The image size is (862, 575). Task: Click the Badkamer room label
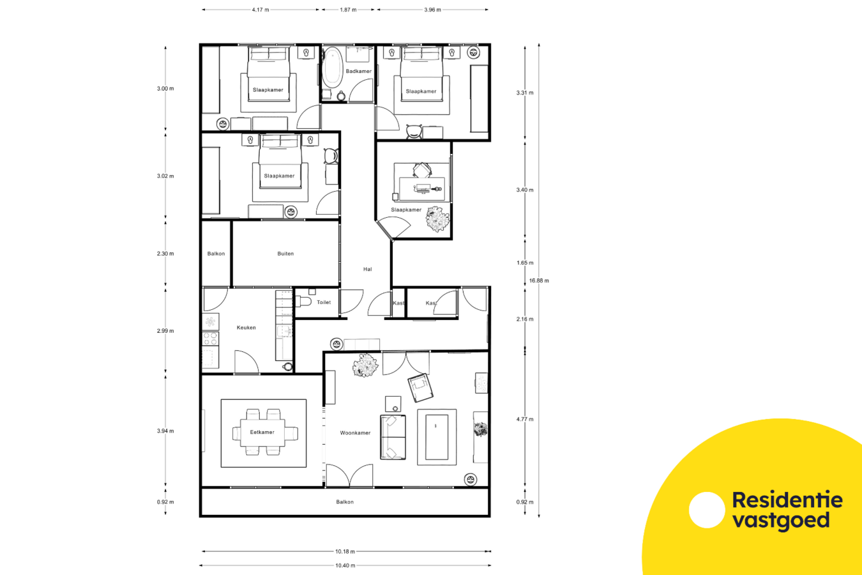pyautogui.click(x=358, y=71)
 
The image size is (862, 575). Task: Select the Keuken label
pyautogui.click(x=246, y=328)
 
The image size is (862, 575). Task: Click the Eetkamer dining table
pyautogui.click(x=262, y=433)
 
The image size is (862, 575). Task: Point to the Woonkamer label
pyautogui.click(x=355, y=433)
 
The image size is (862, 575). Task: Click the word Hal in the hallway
pyautogui.click(x=367, y=269)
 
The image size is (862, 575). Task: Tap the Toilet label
pyautogui.click(x=324, y=302)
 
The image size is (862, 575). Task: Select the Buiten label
pyautogui.click(x=285, y=254)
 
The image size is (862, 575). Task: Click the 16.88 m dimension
pyautogui.click(x=539, y=280)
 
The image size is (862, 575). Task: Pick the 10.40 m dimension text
pyautogui.click(x=345, y=565)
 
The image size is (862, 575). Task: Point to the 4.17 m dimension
pyautogui.click(x=261, y=10)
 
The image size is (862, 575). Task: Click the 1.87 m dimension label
pyautogui.click(x=348, y=10)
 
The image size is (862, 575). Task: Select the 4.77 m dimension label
pyautogui.click(x=525, y=419)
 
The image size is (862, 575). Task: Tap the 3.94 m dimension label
pyautogui.click(x=165, y=431)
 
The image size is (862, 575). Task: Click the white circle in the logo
pyautogui.click(x=707, y=510)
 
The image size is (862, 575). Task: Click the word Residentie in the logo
pyautogui.click(x=787, y=500)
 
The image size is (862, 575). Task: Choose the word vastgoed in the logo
pyautogui.click(x=781, y=521)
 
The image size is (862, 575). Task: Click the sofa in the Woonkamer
pyautogui.click(x=393, y=437)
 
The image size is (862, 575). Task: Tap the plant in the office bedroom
pyautogui.click(x=438, y=219)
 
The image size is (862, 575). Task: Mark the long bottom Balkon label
pyautogui.click(x=345, y=502)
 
